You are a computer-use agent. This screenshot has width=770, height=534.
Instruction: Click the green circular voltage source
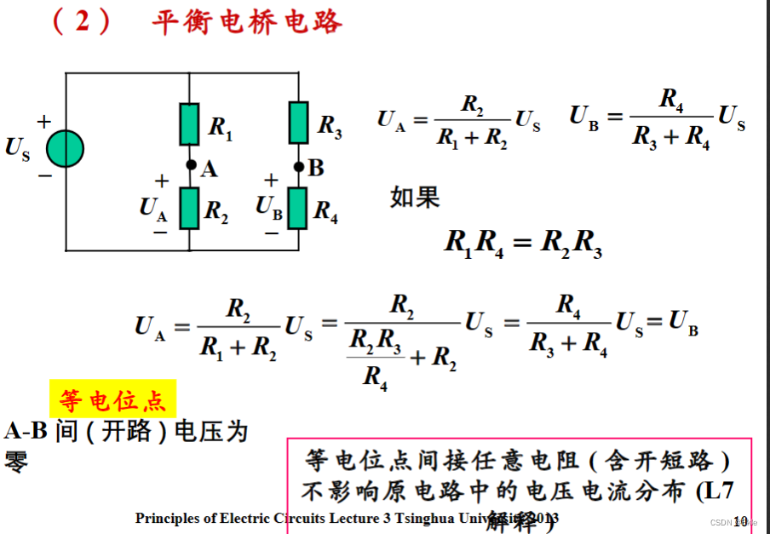click(x=66, y=149)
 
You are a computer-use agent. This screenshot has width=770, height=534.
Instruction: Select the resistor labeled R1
click(x=189, y=124)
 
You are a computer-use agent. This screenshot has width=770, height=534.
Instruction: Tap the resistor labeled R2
click(x=189, y=210)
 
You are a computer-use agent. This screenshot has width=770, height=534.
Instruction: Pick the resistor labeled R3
click(x=298, y=123)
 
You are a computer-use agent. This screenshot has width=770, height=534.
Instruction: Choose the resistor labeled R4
click(x=297, y=209)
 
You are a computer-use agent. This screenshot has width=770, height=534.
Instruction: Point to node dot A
click(x=191, y=165)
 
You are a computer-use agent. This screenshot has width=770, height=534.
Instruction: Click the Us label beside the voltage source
click(x=18, y=148)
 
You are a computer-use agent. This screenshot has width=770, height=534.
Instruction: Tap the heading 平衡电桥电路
click(x=247, y=21)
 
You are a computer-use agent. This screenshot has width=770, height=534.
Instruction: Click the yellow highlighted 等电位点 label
click(x=113, y=399)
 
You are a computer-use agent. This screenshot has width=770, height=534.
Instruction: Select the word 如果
click(x=415, y=198)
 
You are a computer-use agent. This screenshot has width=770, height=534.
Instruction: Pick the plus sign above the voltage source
click(x=43, y=122)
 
